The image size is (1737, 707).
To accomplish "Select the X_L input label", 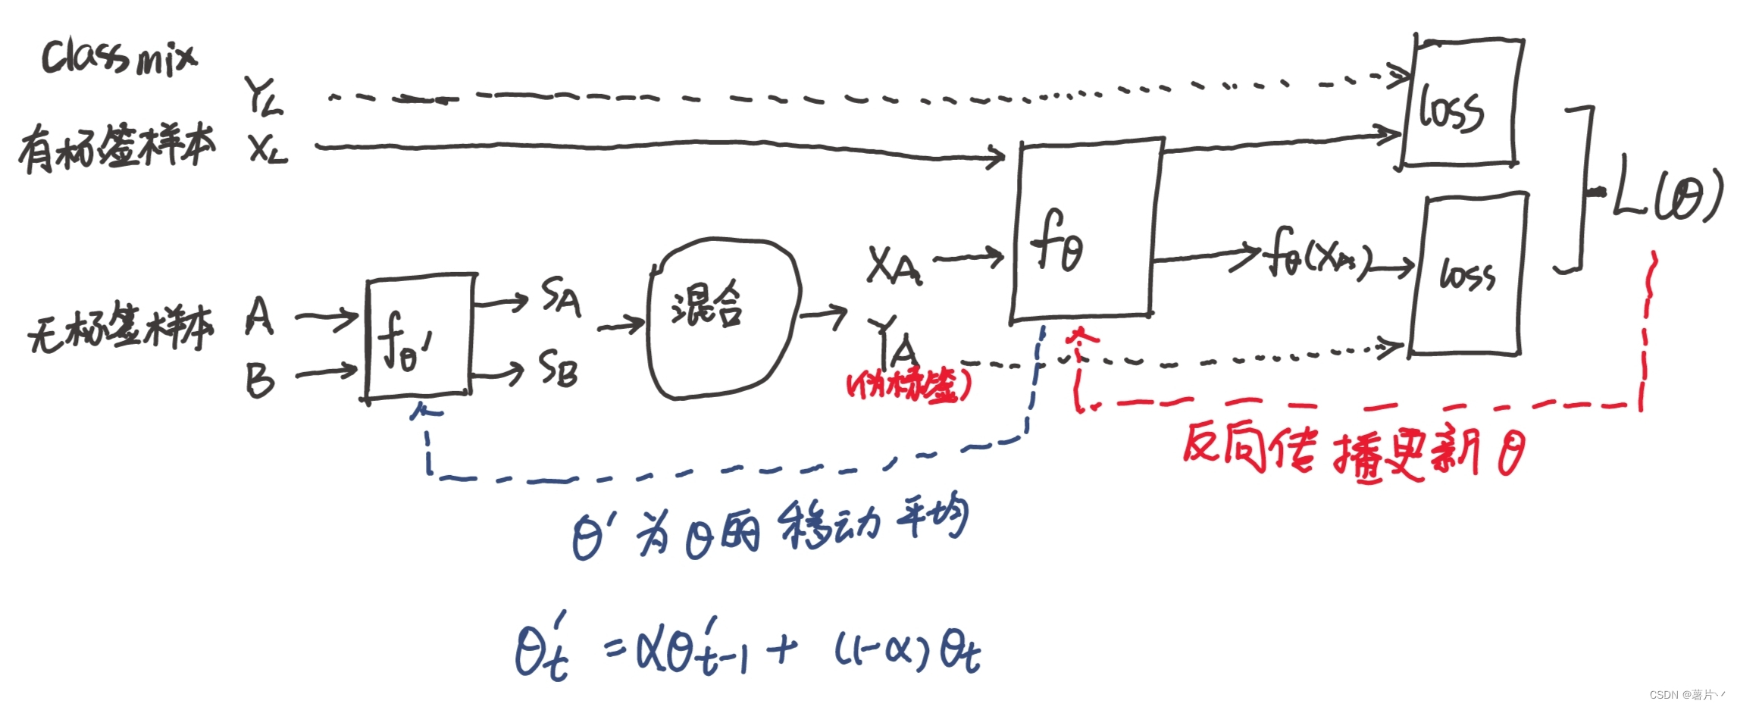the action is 268,149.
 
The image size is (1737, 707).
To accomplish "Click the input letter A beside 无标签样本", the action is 259,317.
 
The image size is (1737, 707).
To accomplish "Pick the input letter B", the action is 259,380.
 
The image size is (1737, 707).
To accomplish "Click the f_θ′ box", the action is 419,337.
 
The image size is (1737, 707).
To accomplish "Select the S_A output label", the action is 561,296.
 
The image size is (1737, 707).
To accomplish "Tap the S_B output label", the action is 559,369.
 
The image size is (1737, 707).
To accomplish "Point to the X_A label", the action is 894,266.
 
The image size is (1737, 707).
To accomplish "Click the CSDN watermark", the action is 1686,694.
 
